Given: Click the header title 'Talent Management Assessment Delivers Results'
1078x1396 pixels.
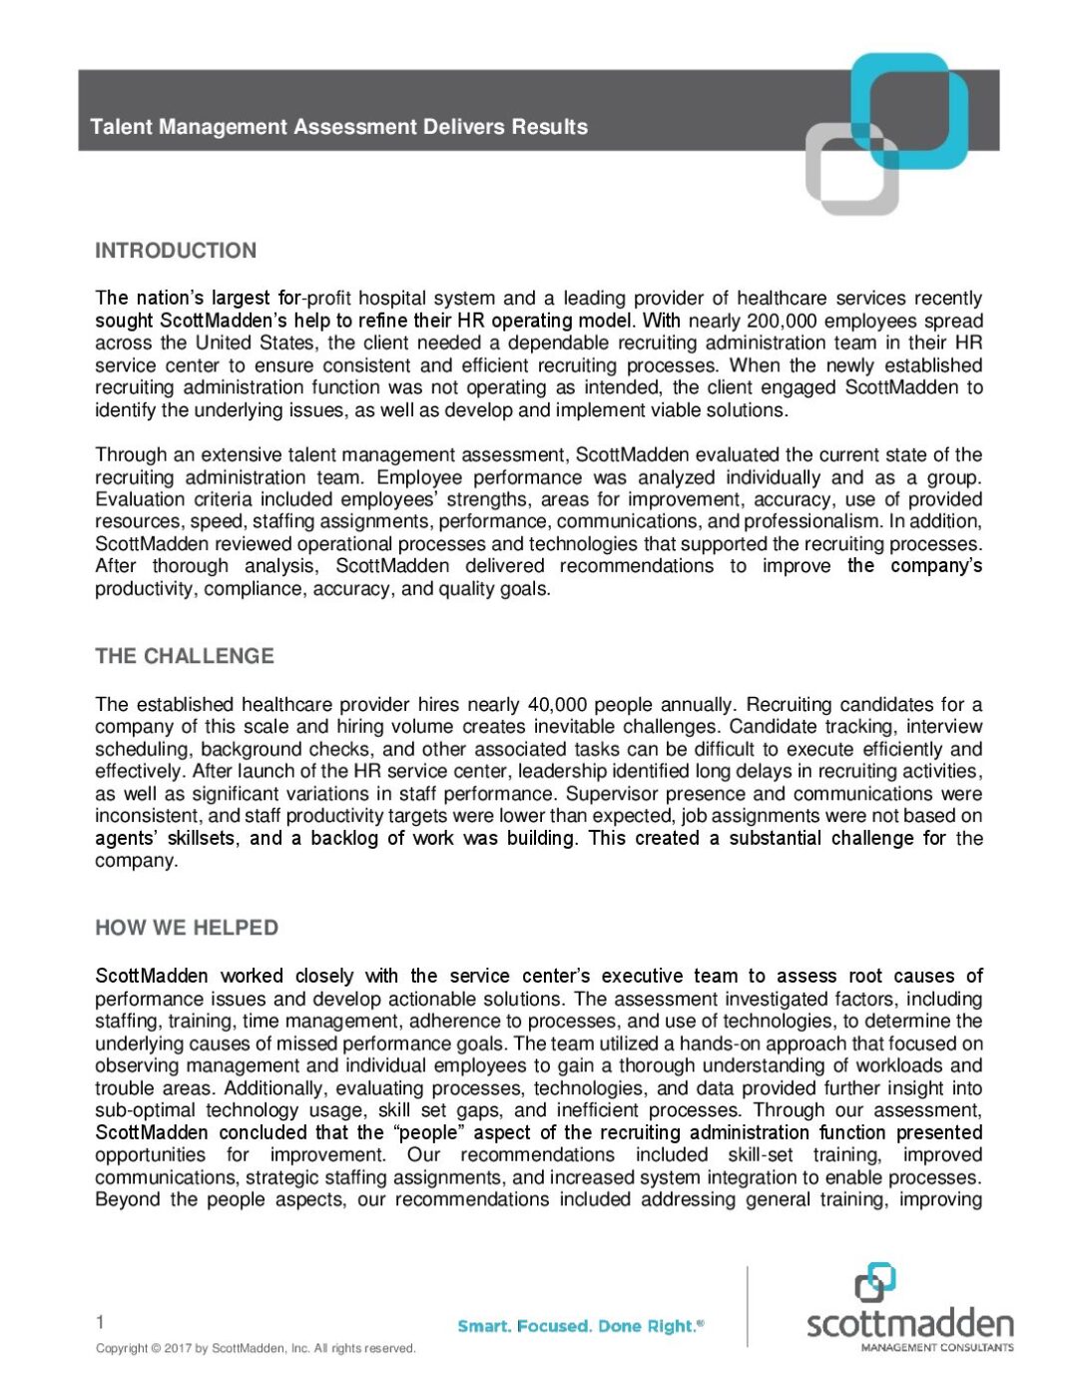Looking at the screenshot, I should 338,127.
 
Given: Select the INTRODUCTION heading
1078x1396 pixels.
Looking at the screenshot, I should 176,251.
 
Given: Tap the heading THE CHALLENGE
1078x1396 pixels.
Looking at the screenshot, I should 185,656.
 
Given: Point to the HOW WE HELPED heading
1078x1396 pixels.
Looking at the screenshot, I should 187,928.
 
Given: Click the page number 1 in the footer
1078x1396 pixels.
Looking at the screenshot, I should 100,1323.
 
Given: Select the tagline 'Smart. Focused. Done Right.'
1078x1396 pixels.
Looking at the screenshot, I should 579,1326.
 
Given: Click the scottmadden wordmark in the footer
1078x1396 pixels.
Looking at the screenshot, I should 909,1324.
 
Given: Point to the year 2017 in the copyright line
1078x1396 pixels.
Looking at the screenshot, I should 178,1348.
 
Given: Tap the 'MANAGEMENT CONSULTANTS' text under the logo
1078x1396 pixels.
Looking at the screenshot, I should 936,1347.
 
